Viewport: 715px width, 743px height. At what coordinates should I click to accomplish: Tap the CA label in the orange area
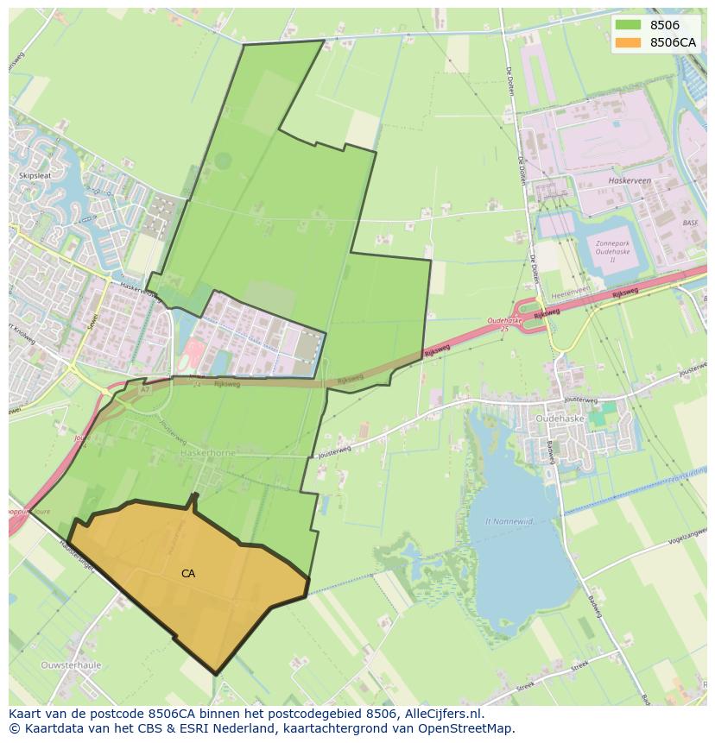[x=188, y=573]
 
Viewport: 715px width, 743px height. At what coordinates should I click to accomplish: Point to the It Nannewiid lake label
[x=510, y=520]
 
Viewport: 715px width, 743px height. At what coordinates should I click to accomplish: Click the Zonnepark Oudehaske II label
[x=617, y=250]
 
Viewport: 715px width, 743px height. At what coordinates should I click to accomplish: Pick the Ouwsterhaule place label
[x=71, y=665]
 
